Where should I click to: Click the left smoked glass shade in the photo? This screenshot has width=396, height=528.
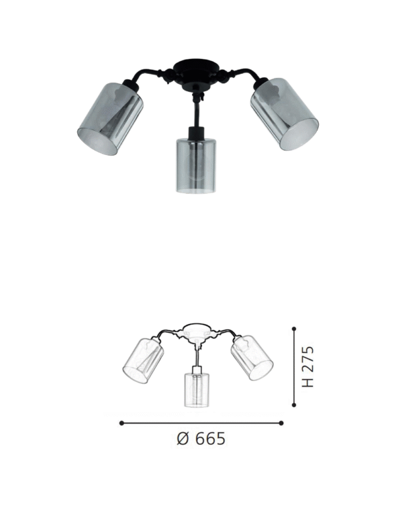click(111, 118)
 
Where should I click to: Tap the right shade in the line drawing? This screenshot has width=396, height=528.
click(251, 358)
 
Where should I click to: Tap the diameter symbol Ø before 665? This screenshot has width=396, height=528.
click(185, 438)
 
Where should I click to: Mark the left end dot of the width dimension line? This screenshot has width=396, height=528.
click(121, 422)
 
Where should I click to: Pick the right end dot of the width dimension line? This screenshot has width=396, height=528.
click(281, 422)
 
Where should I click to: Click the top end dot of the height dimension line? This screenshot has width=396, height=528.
click(294, 326)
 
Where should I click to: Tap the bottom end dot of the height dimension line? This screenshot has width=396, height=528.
click(294, 405)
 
